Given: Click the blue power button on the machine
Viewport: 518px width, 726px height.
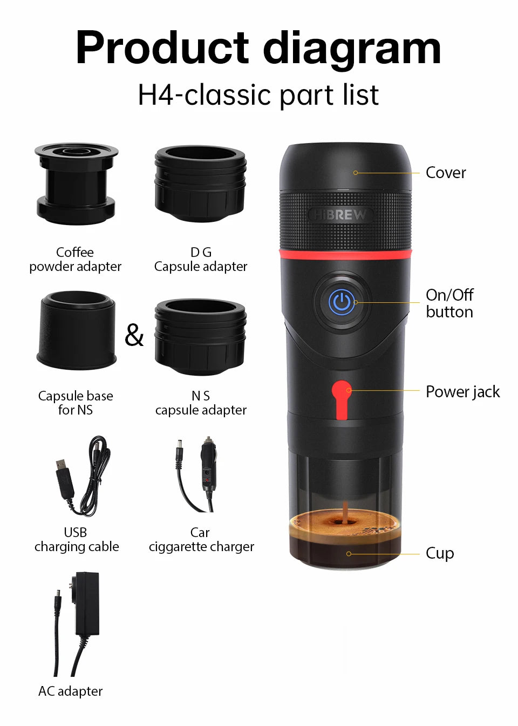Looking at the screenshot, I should pyautogui.click(x=342, y=302).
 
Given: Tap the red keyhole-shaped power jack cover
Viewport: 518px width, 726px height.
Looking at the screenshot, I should pyautogui.click(x=341, y=399).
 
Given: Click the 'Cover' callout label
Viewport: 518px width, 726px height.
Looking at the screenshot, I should pyautogui.click(x=445, y=173).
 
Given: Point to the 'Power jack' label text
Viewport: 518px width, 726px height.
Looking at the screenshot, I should pyautogui.click(x=462, y=391).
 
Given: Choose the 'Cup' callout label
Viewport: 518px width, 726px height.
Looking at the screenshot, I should pyautogui.click(x=439, y=553).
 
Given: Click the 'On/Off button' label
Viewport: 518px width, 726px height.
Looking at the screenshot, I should pyautogui.click(x=449, y=303).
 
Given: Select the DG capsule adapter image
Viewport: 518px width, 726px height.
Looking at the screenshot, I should pyautogui.click(x=200, y=184).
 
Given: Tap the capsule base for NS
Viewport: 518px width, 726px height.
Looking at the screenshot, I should pyautogui.click(x=76, y=330).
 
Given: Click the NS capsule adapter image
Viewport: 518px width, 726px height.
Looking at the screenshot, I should pyautogui.click(x=200, y=337).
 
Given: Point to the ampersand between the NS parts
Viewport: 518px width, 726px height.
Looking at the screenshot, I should pyautogui.click(x=134, y=335).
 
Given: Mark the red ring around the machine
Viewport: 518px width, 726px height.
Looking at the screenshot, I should pyautogui.click(x=345, y=254).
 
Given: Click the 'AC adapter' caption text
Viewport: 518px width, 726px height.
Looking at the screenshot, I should pyautogui.click(x=70, y=691).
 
